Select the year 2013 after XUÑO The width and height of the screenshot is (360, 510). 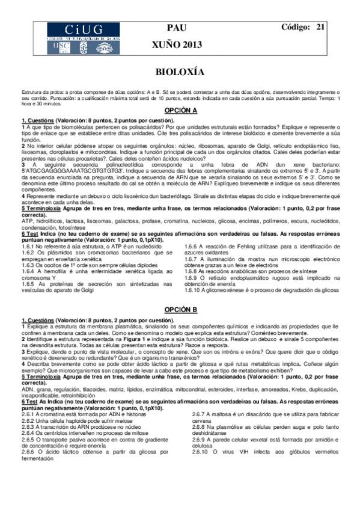tap(192, 45)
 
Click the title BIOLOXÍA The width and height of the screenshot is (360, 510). tap(180, 72)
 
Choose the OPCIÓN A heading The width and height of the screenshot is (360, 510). tap(180, 111)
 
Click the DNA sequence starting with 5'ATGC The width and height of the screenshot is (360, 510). tap(57, 170)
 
